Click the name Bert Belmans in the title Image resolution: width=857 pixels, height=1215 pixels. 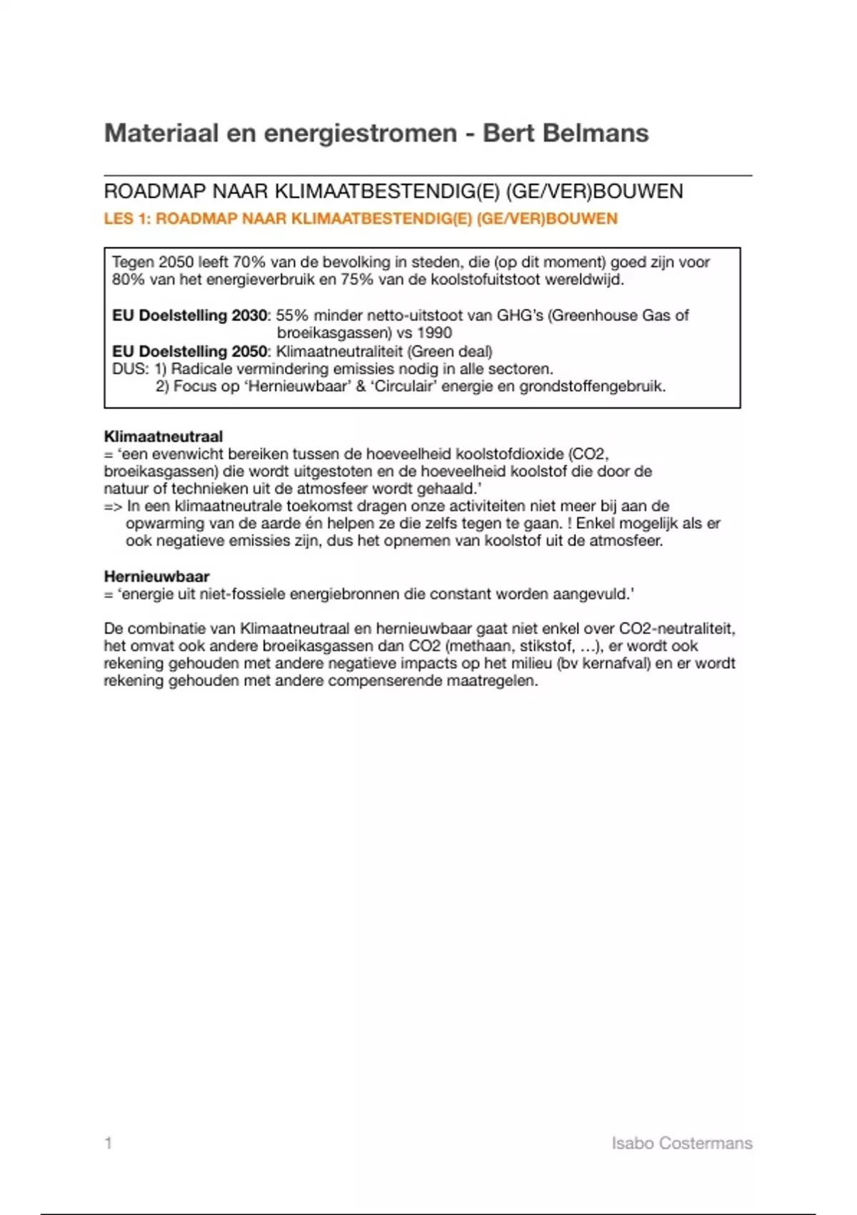coord(565,133)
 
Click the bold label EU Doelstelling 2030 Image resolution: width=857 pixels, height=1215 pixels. coord(189,315)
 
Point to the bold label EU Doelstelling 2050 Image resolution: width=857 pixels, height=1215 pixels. coord(189,351)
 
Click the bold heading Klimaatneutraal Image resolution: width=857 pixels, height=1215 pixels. coord(163,436)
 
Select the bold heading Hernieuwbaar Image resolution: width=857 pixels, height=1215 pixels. coord(156,576)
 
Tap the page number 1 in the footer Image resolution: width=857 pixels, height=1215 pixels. coord(109,1143)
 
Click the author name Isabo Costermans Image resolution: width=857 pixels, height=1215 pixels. coord(681,1143)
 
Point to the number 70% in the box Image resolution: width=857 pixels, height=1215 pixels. coord(249,262)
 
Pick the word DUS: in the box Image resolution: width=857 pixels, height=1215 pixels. coord(130,369)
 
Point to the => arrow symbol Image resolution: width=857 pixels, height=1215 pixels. coord(113,506)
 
